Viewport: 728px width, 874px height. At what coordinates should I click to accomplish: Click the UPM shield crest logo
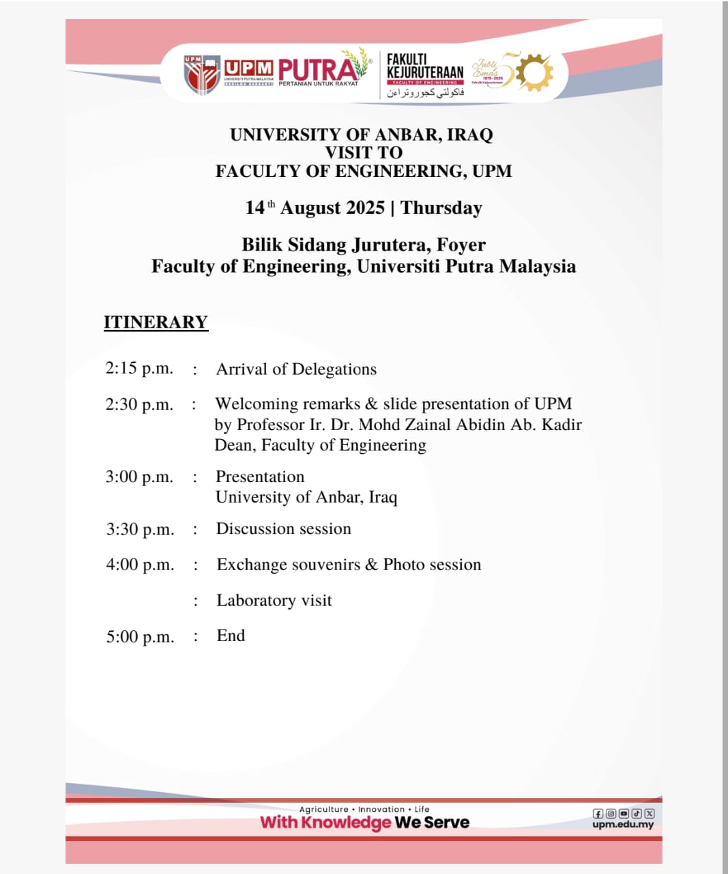(201, 74)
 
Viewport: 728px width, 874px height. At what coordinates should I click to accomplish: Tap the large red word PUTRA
(317, 69)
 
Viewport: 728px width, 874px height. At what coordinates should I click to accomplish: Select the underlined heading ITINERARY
(156, 322)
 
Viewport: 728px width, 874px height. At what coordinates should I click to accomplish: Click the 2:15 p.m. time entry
(139, 368)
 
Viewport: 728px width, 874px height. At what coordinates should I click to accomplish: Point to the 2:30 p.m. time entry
(139, 404)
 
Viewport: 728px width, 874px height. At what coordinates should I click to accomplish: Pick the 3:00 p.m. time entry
(139, 477)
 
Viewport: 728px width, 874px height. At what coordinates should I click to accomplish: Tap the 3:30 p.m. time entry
(140, 529)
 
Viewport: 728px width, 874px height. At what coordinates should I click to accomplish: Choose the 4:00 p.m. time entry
(140, 565)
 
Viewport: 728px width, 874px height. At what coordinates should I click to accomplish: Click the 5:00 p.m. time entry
(140, 637)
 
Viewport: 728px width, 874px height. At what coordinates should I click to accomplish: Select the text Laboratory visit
(274, 600)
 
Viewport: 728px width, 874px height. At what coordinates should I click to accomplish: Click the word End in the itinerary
(231, 636)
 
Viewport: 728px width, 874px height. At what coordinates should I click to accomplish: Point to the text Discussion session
(284, 528)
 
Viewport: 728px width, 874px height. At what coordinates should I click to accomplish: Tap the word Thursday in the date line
(441, 208)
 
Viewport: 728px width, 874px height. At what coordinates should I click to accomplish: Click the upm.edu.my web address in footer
(623, 824)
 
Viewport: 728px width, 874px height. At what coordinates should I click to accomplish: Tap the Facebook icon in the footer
(598, 813)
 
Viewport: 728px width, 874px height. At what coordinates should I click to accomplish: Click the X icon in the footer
(650, 813)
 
